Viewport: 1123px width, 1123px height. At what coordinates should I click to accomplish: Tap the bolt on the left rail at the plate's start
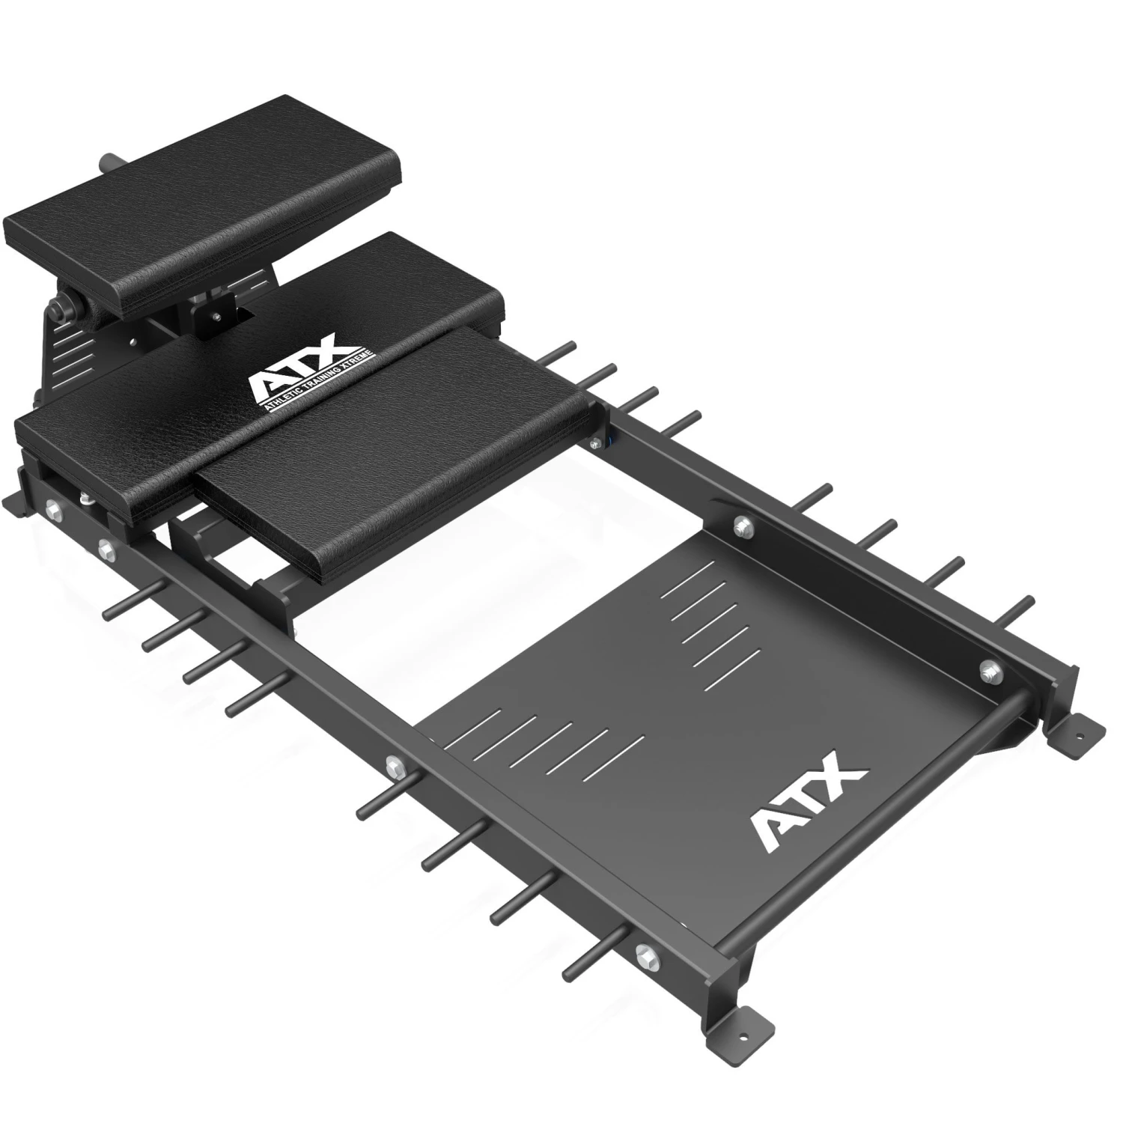[392, 764]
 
